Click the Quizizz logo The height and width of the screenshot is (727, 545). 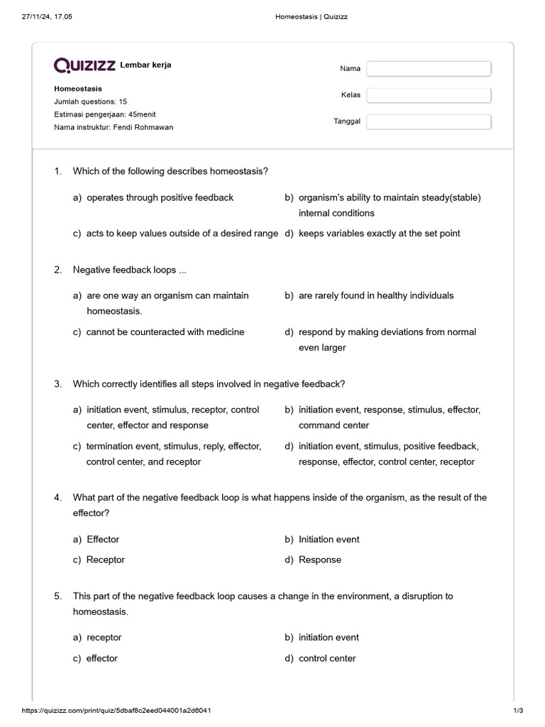coord(85,66)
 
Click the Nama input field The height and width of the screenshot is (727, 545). coord(429,69)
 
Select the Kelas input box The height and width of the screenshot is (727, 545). coord(429,95)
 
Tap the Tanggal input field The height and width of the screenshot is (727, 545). coord(429,122)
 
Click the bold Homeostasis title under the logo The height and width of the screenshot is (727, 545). coord(78,89)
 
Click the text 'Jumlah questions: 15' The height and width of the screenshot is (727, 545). coord(91,102)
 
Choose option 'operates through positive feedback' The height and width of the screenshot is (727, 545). coord(160,197)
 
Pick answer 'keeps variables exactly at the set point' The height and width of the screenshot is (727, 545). coord(379,233)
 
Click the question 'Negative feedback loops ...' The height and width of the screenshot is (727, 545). coord(130,270)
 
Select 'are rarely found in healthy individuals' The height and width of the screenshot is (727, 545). coord(376,295)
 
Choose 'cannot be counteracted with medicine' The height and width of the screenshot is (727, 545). coord(165,332)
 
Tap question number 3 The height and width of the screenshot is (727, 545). coord(58,384)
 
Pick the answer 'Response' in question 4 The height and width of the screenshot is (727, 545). coord(319,559)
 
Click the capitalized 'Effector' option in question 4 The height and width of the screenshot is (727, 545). coord(103,540)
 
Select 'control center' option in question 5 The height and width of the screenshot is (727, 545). coord(327,658)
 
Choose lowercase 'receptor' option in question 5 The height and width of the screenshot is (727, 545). coord(104,638)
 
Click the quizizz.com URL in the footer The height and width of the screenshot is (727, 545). coord(116,711)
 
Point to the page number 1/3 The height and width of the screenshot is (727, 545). coord(517,711)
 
